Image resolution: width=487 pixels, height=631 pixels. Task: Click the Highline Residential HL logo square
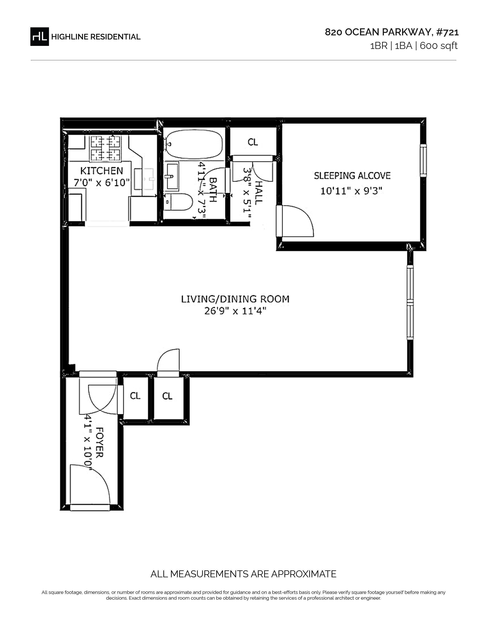point(40,36)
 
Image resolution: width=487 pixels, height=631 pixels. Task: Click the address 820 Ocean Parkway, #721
point(392,32)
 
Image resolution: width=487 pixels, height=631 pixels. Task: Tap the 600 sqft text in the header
point(438,46)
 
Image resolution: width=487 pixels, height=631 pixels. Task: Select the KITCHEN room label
point(102,171)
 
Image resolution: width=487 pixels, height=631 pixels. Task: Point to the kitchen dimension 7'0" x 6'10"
point(102,183)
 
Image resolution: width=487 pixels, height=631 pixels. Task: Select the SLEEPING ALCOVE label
point(352,176)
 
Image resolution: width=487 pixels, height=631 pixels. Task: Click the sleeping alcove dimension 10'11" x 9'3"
point(351,191)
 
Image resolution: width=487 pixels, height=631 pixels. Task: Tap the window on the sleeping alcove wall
point(423,160)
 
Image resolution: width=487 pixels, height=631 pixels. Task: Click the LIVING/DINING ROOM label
point(235,299)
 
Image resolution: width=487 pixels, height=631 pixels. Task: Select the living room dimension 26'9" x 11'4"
point(235,311)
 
